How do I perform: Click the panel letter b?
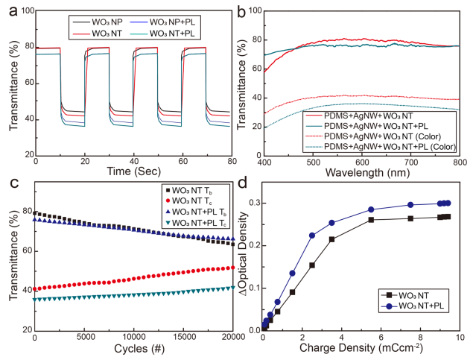tap(244, 10)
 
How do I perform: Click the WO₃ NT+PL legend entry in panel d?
tap(417, 306)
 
